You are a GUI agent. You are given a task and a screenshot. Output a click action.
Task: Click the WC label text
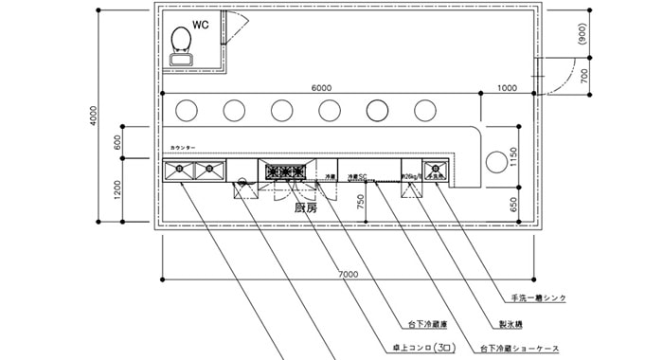click(x=201, y=24)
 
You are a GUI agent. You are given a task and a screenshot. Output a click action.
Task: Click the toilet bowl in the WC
click(x=180, y=40)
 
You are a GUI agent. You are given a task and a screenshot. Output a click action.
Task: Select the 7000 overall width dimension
click(x=348, y=274)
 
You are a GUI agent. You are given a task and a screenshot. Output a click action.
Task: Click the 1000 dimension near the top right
click(x=506, y=87)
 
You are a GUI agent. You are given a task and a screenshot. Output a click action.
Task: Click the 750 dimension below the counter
click(x=360, y=201)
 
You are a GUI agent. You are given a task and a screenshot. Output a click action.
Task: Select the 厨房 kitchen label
click(x=305, y=207)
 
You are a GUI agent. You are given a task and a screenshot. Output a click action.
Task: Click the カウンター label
click(x=183, y=148)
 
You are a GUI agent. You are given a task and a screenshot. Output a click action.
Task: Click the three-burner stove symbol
click(x=285, y=172)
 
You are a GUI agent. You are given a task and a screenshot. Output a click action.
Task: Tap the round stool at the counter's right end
click(x=495, y=161)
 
